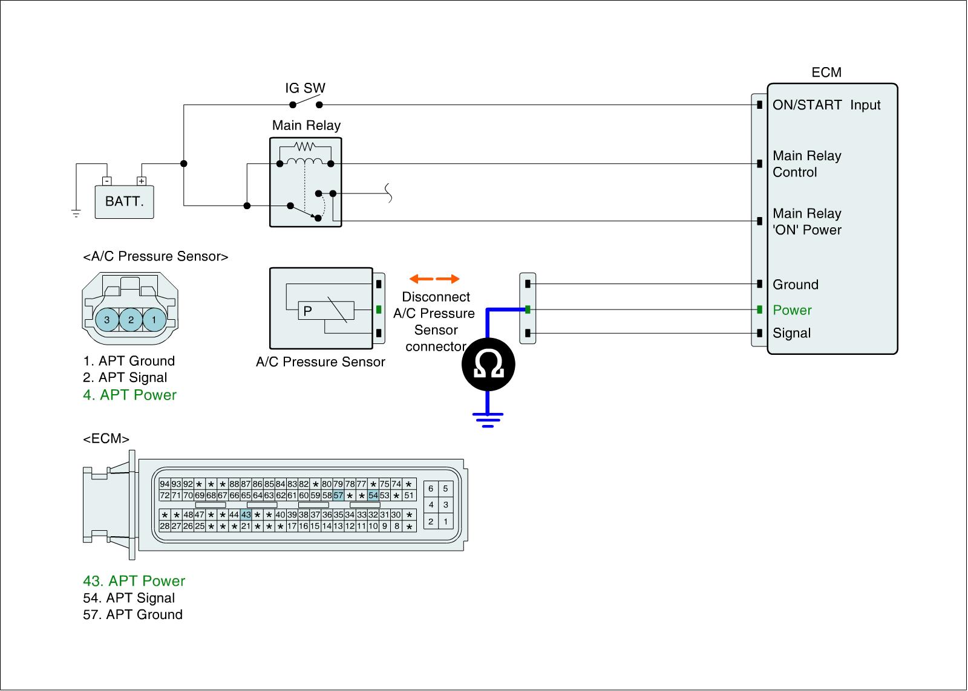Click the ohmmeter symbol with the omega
(x=488, y=365)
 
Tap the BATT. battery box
(x=125, y=201)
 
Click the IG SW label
(x=305, y=88)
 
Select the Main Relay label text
(x=306, y=125)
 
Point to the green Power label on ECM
(x=792, y=310)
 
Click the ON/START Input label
(x=826, y=105)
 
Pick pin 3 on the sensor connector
(x=107, y=320)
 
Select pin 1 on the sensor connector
(x=154, y=320)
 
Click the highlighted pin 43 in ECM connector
(x=246, y=515)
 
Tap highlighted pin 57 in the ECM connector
(x=338, y=496)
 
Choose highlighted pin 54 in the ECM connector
(x=373, y=496)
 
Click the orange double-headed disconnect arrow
(x=434, y=279)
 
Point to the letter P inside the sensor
(x=307, y=311)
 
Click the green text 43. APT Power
(x=134, y=581)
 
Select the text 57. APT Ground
(x=132, y=615)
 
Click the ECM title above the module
(x=826, y=73)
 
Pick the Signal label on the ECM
(x=791, y=333)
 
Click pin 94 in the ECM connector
(x=165, y=484)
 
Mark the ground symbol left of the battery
(x=76, y=213)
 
